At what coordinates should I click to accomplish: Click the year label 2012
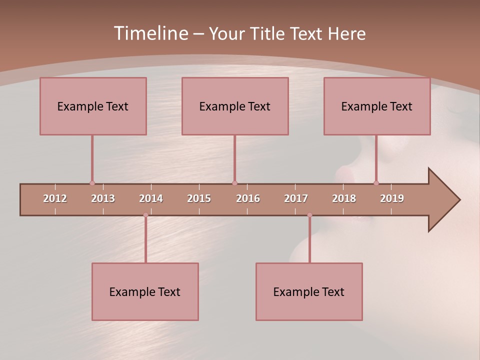(x=55, y=198)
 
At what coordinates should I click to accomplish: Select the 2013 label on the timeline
(x=103, y=198)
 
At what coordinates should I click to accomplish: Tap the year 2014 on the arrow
(x=151, y=198)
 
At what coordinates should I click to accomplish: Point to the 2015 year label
(x=199, y=198)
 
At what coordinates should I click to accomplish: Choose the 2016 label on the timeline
(x=248, y=198)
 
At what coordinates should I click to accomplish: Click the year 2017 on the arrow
(x=296, y=198)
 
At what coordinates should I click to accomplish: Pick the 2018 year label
(x=344, y=198)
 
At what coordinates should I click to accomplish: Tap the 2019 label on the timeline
(x=392, y=198)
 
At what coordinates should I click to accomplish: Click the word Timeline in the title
(x=150, y=33)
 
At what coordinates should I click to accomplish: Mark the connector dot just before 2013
(x=92, y=183)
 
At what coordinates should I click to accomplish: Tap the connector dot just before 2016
(x=234, y=183)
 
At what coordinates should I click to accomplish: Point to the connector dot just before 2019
(x=376, y=183)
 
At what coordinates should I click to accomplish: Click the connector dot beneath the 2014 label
(x=145, y=215)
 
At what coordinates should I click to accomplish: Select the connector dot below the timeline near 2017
(x=309, y=215)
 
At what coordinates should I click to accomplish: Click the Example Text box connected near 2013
(x=93, y=106)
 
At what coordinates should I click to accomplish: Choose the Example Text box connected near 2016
(x=235, y=106)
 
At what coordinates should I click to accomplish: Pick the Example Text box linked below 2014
(x=145, y=291)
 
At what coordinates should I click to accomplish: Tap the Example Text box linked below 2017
(x=309, y=291)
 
